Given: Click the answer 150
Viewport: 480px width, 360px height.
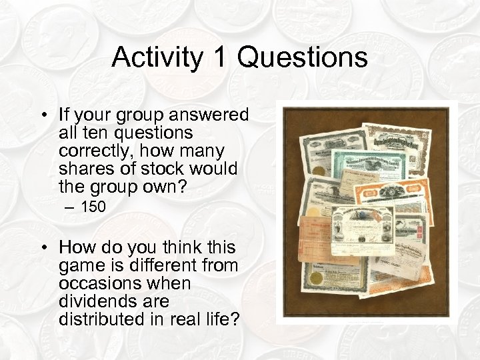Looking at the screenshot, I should (x=93, y=207).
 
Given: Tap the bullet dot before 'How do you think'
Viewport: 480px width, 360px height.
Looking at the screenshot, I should (x=43, y=249).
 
